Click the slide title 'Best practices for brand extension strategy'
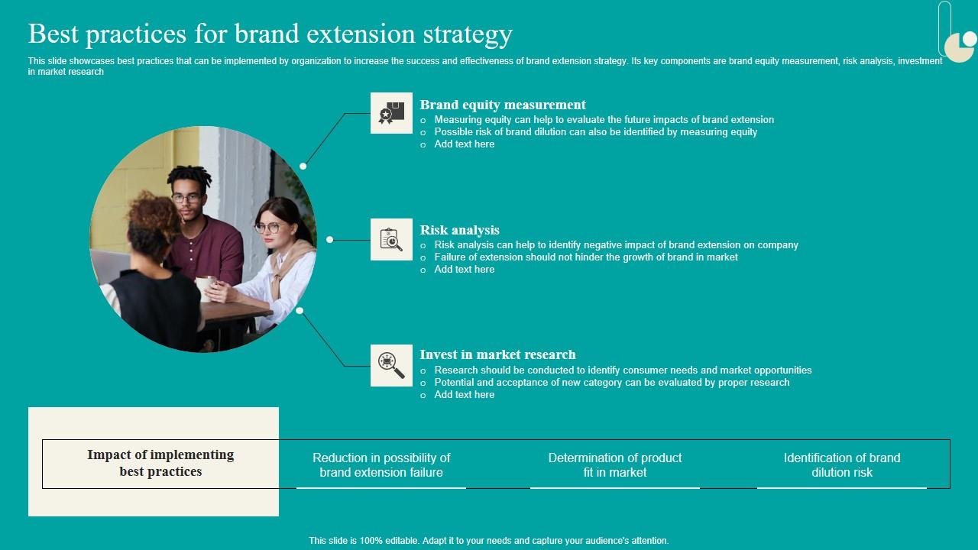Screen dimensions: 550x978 pos(270,34)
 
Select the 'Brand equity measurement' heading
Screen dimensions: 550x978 pos(503,105)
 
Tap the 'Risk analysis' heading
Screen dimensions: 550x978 pos(459,230)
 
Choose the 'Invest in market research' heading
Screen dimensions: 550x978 pos(497,354)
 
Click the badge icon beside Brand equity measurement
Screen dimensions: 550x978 pos(391,113)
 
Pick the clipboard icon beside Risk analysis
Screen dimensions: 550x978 pos(391,239)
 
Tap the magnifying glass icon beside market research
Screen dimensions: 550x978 pos(391,364)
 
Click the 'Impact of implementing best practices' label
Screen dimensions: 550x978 pos(160,463)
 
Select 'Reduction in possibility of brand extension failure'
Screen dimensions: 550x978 pos(381,464)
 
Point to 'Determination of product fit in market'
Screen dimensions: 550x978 pos(615,464)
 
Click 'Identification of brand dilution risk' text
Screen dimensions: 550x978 pos(842,464)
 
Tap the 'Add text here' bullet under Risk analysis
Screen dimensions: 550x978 pos(464,270)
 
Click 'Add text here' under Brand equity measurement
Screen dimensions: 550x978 pos(464,144)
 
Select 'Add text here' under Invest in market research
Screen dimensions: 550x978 pos(464,395)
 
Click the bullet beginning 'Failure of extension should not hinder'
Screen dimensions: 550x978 pos(585,257)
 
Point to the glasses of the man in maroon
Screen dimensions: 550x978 pos(186,199)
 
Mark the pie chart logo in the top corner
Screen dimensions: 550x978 pos(960,46)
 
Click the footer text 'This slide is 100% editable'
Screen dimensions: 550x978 pos(489,541)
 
